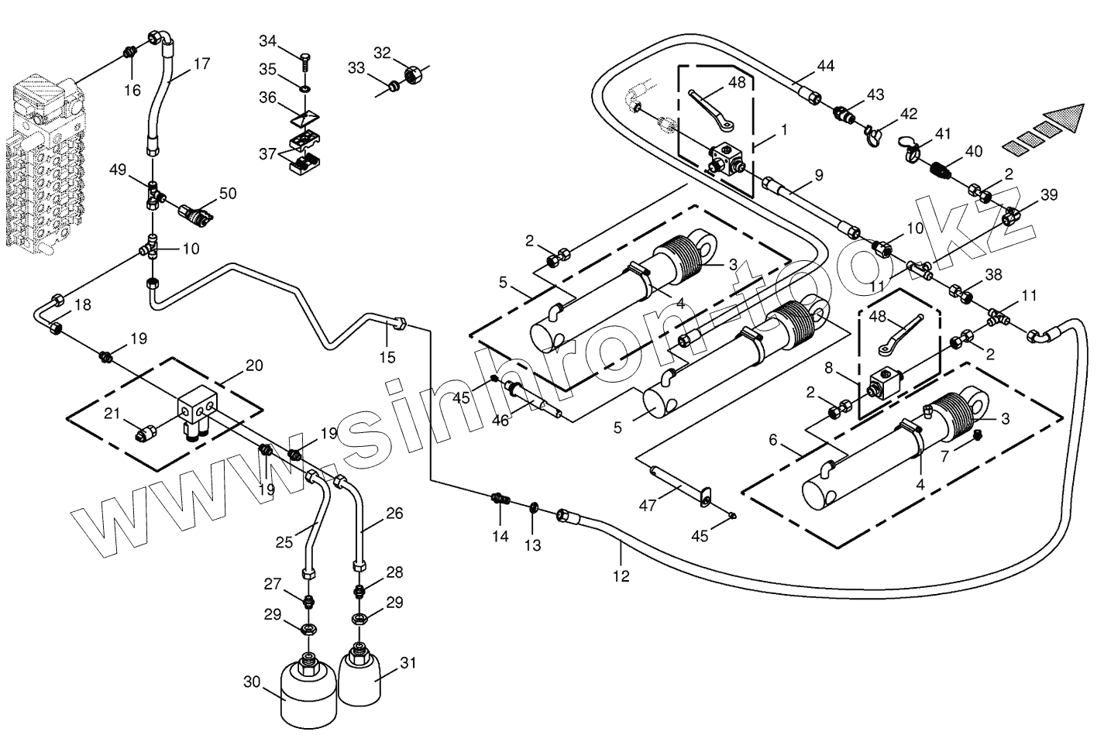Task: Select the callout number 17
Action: pyautogui.click(x=201, y=64)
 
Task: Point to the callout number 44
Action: pyautogui.click(x=825, y=66)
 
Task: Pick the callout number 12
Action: pyautogui.click(x=621, y=575)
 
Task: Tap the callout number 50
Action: pyautogui.click(x=227, y=193)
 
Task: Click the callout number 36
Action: pyautogui.click(x=267, y=98)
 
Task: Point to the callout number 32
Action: pyautogui.click(x=382, y=53)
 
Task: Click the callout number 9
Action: pyautogui.click(x=818, y=176)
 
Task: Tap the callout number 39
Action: pyautogui.click(x=1048, y=194)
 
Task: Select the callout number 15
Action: pyautogui.click(x=387, y=357)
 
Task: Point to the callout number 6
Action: pyautogui.click(x=772, y=440)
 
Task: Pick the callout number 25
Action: pyautogui.click(x=284, y=542)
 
